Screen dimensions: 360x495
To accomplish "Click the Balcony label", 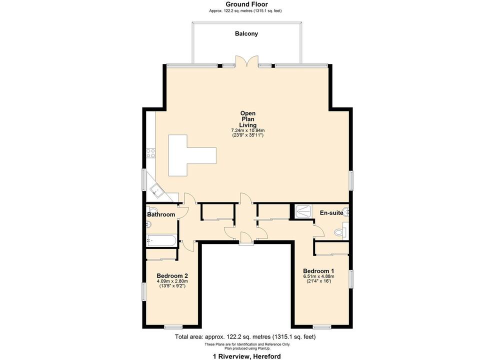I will [x=246, y=34].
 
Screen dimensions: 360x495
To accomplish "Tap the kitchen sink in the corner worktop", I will [x=154, y=189].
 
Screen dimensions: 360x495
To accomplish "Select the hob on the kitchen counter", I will [x=149, y=153].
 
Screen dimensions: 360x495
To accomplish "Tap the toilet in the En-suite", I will [x=340, y=232].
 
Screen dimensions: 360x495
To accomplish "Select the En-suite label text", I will [x=331, y=213].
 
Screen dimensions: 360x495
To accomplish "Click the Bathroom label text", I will [x=161, y=214].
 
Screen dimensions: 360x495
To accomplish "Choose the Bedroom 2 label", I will [x=172, y=275].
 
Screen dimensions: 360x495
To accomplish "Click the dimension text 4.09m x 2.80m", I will [x=172, y=281].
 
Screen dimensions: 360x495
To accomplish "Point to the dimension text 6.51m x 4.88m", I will [x=318, y=276].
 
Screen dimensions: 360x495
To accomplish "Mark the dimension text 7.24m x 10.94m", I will [x=248, y=130].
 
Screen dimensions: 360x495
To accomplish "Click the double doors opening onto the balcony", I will [x=247, y=61].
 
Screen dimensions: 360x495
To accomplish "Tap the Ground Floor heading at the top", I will [x=246, y=4].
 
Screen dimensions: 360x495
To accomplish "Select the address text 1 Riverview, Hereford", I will [x=247, y=356].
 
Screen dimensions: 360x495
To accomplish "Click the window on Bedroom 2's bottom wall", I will [x=172, y=327].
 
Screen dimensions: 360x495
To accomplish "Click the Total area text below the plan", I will [x=245, y=337].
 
